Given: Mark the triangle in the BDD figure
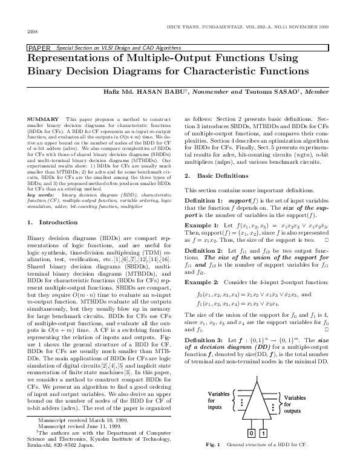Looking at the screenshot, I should click(257, 402).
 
